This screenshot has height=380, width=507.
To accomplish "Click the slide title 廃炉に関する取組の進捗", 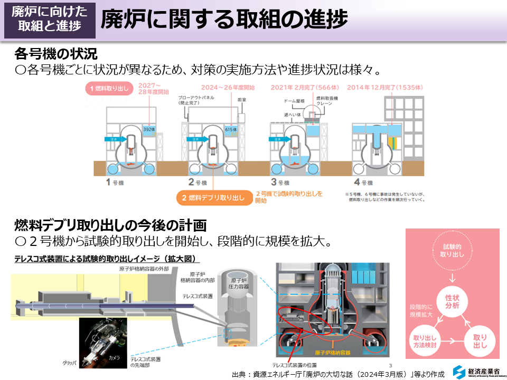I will [x=224, y=20].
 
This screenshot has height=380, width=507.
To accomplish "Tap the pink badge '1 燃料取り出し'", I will [x=109, y=88].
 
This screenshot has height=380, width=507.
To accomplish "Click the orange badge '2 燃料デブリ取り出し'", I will [x=213, y=198].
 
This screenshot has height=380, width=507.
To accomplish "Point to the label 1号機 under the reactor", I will [x=114, y=183].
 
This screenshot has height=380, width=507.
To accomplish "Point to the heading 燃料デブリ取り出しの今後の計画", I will [x=109, y=225].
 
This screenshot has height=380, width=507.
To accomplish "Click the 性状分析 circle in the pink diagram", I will [x=452, y=301].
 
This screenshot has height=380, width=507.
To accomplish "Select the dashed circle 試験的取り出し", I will [x=452, y=250].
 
